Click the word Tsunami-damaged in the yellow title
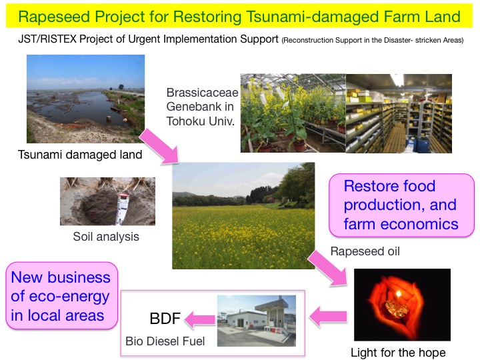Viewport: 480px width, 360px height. click(313, 17)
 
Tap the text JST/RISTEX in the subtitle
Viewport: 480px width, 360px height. click(47, 39)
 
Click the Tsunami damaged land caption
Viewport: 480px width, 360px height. click(80, 155)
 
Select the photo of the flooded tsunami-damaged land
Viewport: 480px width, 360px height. click(86, 99)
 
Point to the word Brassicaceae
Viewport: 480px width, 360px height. click(202, 93)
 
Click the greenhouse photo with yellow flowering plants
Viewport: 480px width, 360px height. click(293, 113)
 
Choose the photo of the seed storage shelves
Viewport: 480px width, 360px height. click(399, 113)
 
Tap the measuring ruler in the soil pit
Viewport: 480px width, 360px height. click(123, 209)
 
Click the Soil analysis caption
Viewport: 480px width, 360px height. click(106, 237)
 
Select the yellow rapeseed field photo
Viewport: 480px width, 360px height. click(243, 216)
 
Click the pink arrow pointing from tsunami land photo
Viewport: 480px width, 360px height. click(159, 146)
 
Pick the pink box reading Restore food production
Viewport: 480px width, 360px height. click(401, 205)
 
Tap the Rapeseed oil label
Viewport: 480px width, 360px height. click(365, 251)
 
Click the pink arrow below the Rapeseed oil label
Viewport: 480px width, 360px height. click(327, 268)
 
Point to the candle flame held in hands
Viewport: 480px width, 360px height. click(399, 295)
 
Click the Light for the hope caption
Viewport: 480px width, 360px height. click(398, 353)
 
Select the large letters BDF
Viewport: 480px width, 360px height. click(165, 319)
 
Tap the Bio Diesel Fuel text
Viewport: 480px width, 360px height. click(165, 341)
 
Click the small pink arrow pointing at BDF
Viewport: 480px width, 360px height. click(199, 319)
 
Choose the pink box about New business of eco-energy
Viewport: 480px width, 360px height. click(61, 296)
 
